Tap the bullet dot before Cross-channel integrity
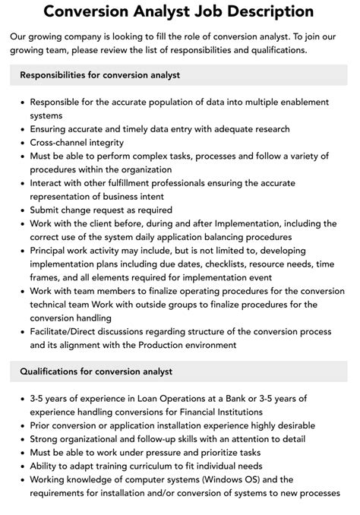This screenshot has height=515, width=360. point(22,143)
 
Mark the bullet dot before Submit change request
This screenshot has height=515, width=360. point(22,210)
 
